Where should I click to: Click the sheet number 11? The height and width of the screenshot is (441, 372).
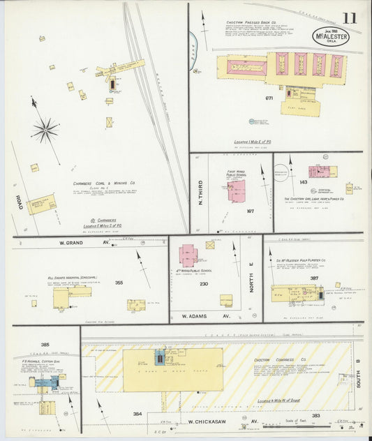(x=349, y=17)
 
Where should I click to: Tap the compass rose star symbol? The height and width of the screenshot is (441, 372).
(x=46, y=129)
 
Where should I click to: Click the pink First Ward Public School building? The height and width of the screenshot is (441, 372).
(x=236, y=190)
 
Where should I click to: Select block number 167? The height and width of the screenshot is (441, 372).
(x=251, y=211)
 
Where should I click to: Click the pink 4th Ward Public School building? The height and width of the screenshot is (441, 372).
(x=188, y=255)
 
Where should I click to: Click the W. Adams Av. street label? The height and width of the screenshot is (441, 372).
(x=207, y=315)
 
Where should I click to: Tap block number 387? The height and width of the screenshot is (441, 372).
(x=315, y=278)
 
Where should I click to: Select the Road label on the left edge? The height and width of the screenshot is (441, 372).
(x=19, y=202)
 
